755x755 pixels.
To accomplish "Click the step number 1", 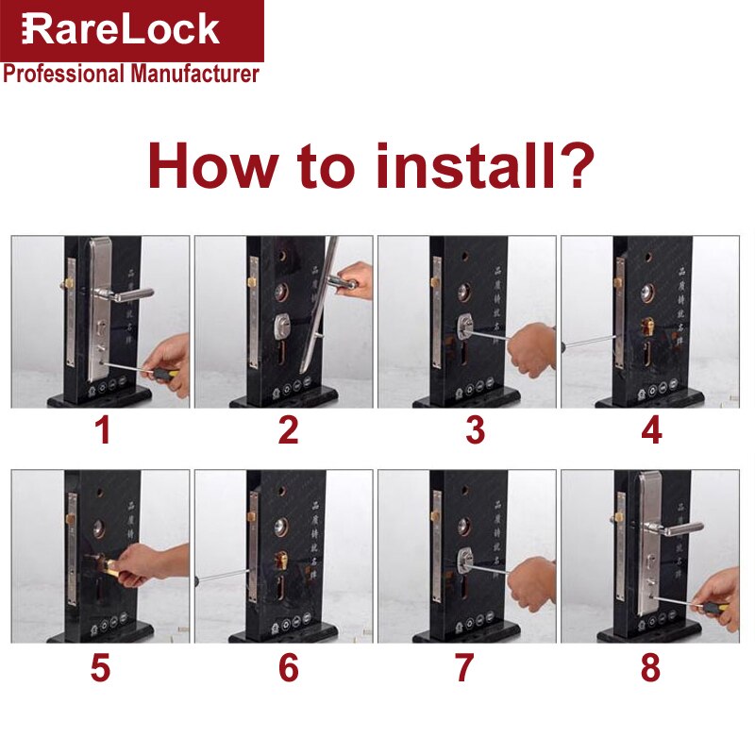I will click(x=102, y=430).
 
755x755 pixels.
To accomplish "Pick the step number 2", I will click(x=288, y=430).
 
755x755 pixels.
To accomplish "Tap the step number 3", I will click(x=475, y=430).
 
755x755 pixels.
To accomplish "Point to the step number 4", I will click(x=651, y=430).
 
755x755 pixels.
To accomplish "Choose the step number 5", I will click(x=101, y=667).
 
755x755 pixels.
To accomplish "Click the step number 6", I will click(x=288, y=667).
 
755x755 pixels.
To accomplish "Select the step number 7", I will click(x=463, y=667).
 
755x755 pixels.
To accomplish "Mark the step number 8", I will click(x=650, y=667).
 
